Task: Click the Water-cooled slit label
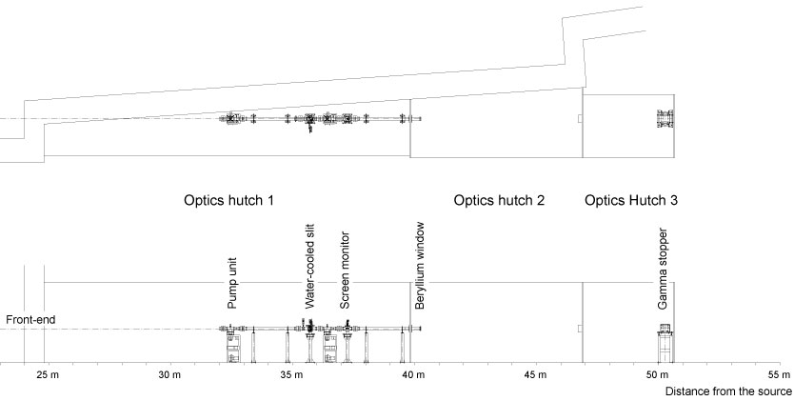tap(309, 267)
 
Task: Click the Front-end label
tap(30, 320)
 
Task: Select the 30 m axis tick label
tap(169, 375)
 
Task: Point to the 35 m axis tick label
tap(291, 375)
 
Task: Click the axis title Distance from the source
tap(728, 391)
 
